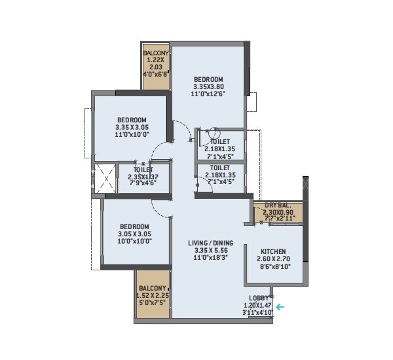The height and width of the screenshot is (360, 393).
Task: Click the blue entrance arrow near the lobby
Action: point(280,306)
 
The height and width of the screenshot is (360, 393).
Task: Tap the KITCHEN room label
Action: point(273,251)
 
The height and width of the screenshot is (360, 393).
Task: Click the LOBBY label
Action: point(259,298)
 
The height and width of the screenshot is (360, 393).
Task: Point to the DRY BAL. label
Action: point(277,205)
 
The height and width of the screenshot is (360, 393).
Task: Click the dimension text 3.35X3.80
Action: point(208,86)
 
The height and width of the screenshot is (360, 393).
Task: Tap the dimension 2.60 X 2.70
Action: point(273,259)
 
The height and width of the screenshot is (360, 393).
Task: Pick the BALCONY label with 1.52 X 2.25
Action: point(153,288)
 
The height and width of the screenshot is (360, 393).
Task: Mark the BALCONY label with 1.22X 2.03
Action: point(157,52)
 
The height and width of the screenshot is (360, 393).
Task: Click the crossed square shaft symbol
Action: point(105,177)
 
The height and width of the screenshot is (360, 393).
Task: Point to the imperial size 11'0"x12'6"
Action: point(208,94)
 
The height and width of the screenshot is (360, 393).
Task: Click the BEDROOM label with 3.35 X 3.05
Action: point(131,119)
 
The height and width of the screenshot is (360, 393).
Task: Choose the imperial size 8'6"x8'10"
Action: point(273,267)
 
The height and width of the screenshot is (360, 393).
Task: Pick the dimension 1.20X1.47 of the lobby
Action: point(259,305)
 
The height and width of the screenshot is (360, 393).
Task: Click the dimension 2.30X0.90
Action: point(277,212)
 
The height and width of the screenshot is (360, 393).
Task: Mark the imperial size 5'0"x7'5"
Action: point(153,304)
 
